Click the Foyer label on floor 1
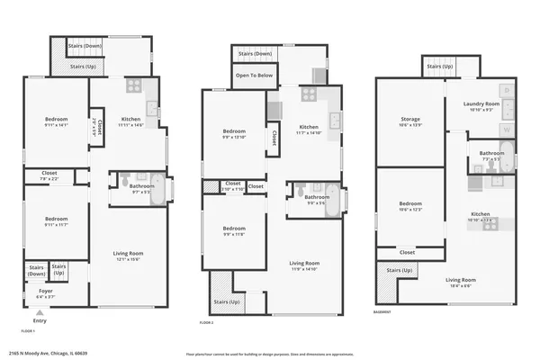pos(45,293)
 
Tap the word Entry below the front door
pos(40,320)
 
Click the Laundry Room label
pos(480,106)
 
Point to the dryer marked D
pos(508,90)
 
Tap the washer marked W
pos(508,129)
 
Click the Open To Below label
pos(255,76)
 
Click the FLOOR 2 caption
pos(207,321)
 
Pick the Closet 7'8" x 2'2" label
pos(49,175)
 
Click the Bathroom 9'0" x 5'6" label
pos(316,199)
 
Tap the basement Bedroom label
pos(410,205)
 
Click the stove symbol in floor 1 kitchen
pos(133,86)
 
